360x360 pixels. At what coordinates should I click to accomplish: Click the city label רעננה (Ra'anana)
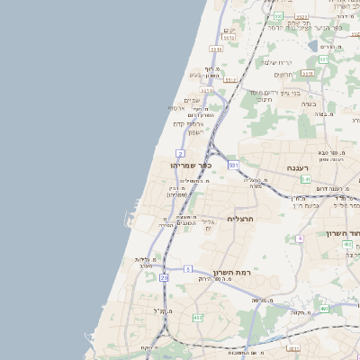pyautogui.click(x=299, y=167)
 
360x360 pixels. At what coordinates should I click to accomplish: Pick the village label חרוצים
pyautogui.click(x=282, y=74)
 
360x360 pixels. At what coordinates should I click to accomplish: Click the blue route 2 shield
pyautogui.click(x=181, y=153)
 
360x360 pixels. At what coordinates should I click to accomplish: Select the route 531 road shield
pyautogui.click(x=233, y=165)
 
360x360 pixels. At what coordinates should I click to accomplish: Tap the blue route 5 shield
pyautogui.click(x=188, y=268)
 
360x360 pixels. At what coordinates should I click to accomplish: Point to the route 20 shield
pyautogui.click(x=165, y=278)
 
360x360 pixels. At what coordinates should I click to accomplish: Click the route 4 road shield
pyautogui.click(x=299, y=238)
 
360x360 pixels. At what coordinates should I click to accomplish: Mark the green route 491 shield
pyautogui.click(x=323, y=309)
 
